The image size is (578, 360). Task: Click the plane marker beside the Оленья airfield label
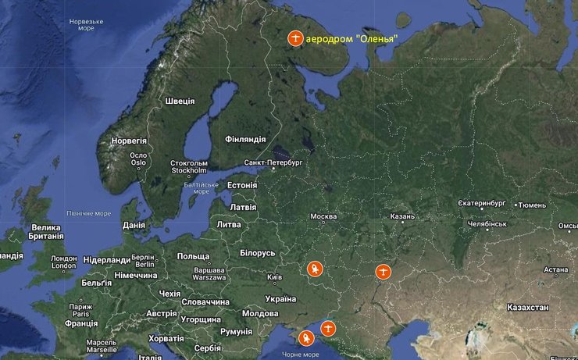[x=295, y=37]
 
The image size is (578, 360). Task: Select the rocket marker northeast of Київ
[x=314, y=269]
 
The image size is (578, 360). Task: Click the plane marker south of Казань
[x=382, y=272]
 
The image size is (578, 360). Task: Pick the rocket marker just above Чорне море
[x=305, y=338]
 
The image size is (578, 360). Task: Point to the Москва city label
[x=323, y=216]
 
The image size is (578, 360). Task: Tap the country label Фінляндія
[x=245, y=139]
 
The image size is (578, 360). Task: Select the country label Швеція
[x=180, y=102]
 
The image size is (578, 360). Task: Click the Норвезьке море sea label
[x=86, y=24]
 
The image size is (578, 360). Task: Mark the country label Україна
[x=280, y=298]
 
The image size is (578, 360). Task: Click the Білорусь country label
[x=257, y=253]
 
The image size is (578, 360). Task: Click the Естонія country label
[x=241, y=185]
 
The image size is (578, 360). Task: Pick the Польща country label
[x=193, y=256]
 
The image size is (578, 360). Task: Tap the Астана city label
[x=556, y=270]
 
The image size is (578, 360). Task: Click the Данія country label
[x=134, y=225]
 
